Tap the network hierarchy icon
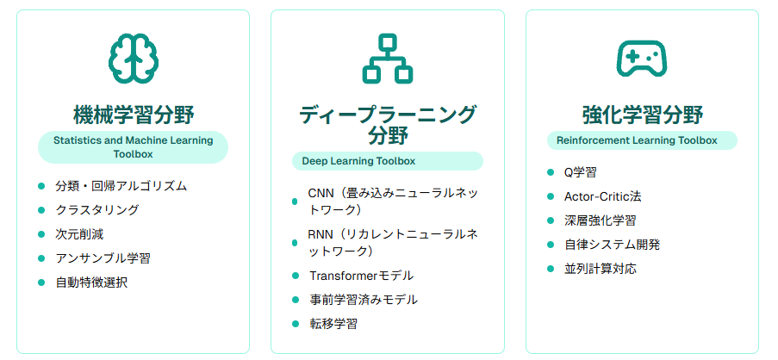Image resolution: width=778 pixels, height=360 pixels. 388,58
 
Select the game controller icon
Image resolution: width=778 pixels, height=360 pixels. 642,58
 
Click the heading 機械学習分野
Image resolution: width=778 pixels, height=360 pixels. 133,115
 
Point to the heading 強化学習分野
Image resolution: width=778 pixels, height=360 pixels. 642,115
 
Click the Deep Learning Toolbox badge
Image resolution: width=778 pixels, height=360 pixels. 388,161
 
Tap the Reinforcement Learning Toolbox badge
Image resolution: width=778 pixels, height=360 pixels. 642,140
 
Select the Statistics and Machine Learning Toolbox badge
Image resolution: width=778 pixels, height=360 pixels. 133,146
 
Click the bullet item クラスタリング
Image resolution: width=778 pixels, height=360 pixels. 97,210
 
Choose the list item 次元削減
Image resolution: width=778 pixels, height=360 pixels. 79,234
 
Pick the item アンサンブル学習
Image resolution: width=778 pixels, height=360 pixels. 103,258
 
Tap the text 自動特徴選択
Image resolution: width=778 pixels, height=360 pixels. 91,282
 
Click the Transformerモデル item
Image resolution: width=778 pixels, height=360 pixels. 362,276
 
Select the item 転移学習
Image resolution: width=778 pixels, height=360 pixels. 333,324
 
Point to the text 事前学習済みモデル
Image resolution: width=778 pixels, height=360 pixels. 364,300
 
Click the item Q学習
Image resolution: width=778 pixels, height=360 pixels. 581,172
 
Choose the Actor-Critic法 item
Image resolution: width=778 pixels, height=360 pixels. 603,196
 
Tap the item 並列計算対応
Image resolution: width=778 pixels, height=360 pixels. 601,270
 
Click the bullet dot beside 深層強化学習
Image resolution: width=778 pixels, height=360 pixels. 551,220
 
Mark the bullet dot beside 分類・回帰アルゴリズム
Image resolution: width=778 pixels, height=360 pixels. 41,186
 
